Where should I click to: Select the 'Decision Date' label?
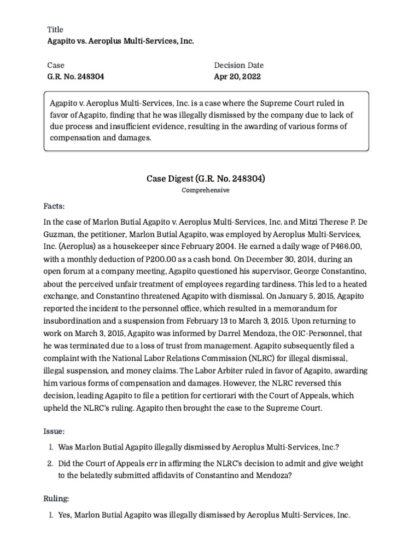238,65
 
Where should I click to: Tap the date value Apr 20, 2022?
237,77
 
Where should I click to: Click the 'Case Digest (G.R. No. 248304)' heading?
206,178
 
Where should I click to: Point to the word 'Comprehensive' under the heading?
206,190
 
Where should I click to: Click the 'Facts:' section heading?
54,206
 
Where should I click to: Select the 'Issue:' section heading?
54,431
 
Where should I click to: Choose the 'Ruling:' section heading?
56,499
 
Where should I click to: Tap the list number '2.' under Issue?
49,464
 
